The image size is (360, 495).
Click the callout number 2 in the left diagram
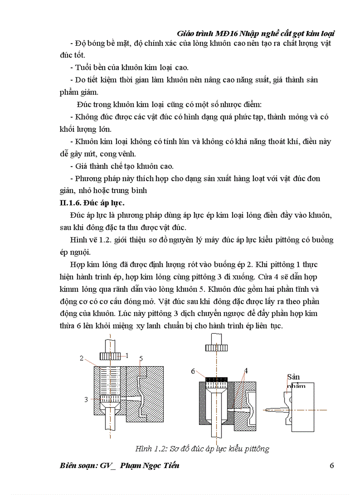coord(82,358)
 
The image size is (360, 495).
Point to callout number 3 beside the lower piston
coord(86,399)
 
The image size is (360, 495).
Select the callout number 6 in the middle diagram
coord(193,371)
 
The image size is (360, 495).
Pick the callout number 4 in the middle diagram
coord(246,371)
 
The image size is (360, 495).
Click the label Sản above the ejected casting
coord(293,377)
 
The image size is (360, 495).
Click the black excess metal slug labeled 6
coord(216,379)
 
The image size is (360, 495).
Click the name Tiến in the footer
coord(170,466)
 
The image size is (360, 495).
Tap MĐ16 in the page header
coord(226,33)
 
